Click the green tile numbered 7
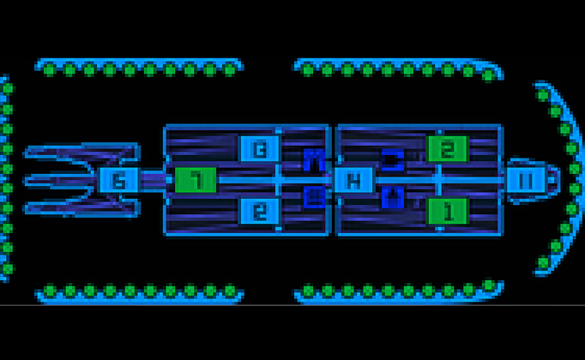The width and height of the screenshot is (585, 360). pyautogui.click(x=196, y=180)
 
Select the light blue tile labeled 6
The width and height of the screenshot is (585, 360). pyautogui.click(x=118, y=180)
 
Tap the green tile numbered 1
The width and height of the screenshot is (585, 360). pyautogui.click(x=447, y=209)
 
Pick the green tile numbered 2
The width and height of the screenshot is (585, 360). pyautogui.click(x=447, y=149)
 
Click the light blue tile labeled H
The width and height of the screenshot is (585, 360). pyautogui.click(x=352, y=180)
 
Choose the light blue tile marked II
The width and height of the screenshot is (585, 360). pyautogui.click(x=525, y=180)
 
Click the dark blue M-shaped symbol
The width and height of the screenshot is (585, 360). pyautogui.click(x=314, y=159)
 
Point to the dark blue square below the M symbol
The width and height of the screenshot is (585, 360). pyautogui.click(x=315, y=197)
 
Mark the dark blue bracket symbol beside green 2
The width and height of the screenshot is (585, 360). pyautogui.click(x=392, y=159)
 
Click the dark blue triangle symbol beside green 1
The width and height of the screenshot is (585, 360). pyautogui.click(x=392, y=196)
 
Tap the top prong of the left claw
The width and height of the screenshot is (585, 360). pyautogui.click(x=77, y=155)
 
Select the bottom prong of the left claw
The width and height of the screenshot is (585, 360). pyautogui.click(x=77, y=206)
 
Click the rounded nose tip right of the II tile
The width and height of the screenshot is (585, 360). pyautogui.click(x=552, y=180)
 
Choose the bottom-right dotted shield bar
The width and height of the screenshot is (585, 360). pyautogui.click(x=397, y=291)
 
